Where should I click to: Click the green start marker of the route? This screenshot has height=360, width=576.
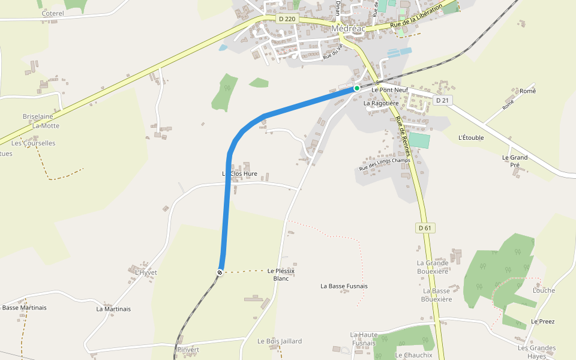356,88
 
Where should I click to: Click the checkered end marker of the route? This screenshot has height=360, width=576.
220,272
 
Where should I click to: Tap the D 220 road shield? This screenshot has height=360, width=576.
287,19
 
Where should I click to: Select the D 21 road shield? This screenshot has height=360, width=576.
442,100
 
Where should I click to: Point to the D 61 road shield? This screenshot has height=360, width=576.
424,228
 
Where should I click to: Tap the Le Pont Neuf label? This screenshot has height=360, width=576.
389,90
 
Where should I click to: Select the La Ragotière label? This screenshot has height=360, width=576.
381,103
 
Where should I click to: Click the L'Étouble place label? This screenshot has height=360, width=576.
470,137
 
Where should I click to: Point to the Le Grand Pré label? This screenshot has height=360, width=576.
515,161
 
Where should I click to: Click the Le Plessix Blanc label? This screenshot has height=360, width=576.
281,275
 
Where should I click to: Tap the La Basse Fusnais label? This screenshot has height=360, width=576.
344,286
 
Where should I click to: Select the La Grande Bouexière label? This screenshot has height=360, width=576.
433,267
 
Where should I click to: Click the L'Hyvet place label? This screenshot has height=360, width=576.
146,272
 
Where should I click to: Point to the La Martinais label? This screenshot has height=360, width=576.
113,309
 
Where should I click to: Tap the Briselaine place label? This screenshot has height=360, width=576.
38,116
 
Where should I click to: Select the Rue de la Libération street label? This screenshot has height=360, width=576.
415,17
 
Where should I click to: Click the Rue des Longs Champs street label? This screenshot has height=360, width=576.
384,164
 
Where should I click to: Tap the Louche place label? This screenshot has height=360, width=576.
544,290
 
